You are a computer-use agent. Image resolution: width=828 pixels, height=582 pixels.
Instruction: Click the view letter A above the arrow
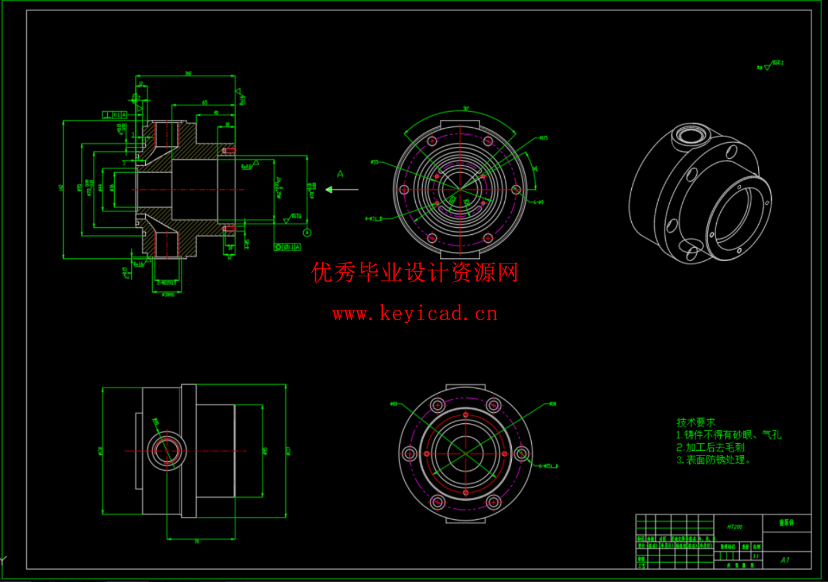[x=340, y=174]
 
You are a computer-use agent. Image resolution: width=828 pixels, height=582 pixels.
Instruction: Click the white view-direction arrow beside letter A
[x=342, y=190]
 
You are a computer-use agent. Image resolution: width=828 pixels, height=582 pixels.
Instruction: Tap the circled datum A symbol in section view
[x=307, y=232]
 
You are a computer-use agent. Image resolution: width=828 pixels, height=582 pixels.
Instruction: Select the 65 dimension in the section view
[x=205, y=102]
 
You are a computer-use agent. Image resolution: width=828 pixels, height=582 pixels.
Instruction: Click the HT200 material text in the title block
[x=734, y=527]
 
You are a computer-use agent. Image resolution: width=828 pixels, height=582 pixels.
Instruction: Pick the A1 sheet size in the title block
[x=785, y=560]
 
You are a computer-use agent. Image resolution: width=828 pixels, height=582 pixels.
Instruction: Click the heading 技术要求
[x=696, y=422]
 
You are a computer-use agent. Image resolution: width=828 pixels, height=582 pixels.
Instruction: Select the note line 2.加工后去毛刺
[x=710, y=447]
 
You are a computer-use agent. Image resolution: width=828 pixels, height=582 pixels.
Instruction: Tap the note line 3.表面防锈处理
[x=713, y=460]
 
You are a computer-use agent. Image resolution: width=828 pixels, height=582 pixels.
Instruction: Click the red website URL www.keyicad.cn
[x=415, y=314]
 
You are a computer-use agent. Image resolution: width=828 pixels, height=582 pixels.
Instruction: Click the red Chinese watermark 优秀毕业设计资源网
[x=415, y=273]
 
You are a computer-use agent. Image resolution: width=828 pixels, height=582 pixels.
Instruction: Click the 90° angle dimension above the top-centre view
[x=466, y=109]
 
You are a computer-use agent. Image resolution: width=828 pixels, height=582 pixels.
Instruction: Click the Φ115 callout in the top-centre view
[x=543, y=138]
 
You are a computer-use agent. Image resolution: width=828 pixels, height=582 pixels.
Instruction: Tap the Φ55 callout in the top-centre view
[x=375, y=162]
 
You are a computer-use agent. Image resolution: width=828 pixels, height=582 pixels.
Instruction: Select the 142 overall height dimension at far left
[x=61, y=188]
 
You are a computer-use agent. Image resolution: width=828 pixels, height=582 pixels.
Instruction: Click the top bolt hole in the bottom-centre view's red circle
[x=466, y=415]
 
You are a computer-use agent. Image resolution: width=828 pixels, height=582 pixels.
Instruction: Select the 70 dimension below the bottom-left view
[x=197, y=542]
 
